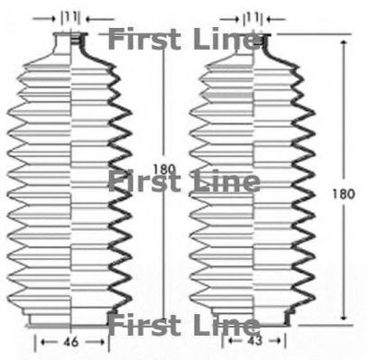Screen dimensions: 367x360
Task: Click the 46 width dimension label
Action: [x=71, y=342]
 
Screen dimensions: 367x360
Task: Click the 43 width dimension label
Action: [x=255, y=340]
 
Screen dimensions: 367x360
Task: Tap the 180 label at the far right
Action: [x=344, y=194]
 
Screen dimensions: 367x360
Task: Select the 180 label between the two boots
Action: [x=164, y=170]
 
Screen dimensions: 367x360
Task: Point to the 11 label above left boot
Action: [x=71, y=17]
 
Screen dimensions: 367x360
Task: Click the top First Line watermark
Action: [x=184, y=39]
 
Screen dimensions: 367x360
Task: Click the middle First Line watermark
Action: [x=184, y=180]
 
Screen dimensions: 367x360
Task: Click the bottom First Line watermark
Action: [x=184, y=325]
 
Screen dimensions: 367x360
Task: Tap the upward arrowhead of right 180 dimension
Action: [x=344, y=42]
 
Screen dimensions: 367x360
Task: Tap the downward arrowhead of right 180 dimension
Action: [x=344, y=317]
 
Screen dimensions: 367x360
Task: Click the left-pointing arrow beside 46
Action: [x=49, y=342]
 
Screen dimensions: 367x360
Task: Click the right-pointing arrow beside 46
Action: [x=95, y=342]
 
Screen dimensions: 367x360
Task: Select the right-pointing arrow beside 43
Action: [x=274, y=341]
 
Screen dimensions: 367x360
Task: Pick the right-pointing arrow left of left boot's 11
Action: [x=45, y=19]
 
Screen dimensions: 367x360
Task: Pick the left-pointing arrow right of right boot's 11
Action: [x=276, y=20]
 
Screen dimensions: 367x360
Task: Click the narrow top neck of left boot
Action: [x=71, y=42]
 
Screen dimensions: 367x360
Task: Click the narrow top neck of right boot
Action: [x=253, y=43]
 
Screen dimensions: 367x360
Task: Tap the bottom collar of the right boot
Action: [x=252, y=318]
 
